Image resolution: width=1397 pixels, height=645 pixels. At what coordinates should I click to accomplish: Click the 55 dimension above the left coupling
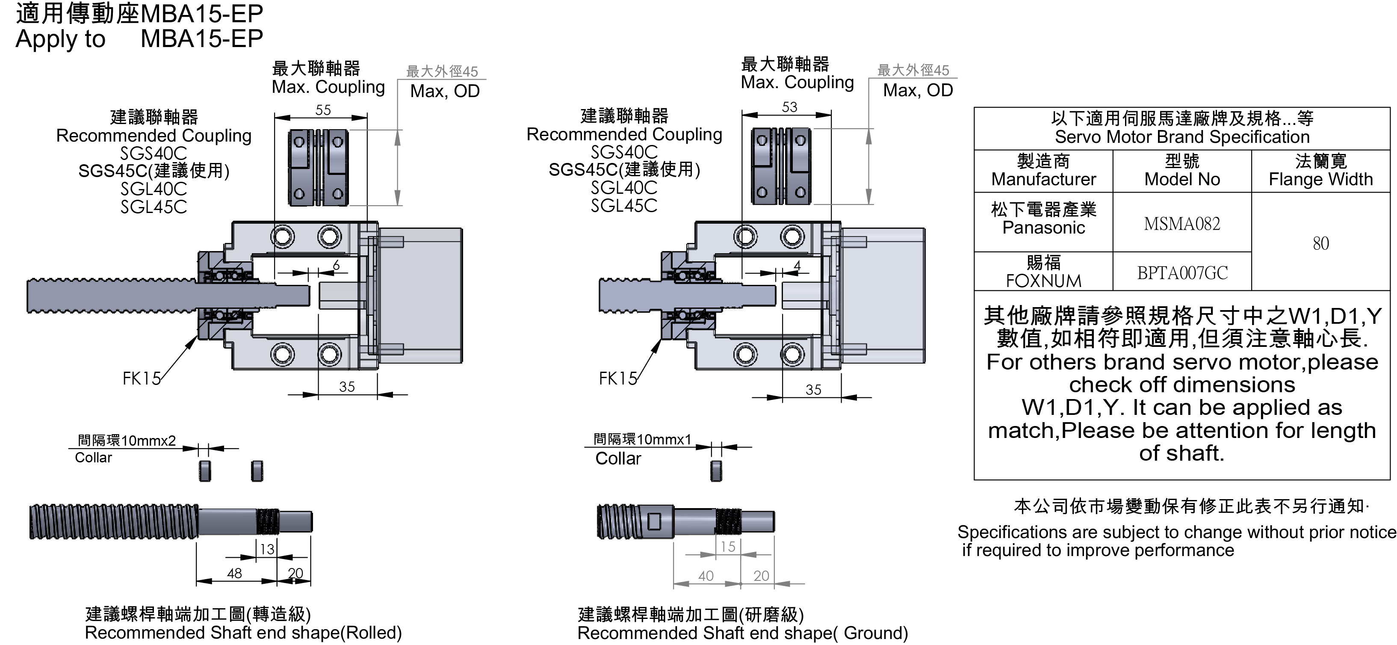tap(323, 110)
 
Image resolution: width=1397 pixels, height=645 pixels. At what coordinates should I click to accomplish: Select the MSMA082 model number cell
tap(1182, 224)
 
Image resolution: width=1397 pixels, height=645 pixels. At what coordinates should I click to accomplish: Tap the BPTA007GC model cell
tap(1182, 273)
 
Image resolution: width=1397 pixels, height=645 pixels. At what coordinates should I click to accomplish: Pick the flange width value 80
tap(1320, 243)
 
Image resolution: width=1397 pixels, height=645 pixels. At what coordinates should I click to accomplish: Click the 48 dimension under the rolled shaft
tap(234, 574)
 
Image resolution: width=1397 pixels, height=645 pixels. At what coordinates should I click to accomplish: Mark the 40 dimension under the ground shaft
tap(706, 576)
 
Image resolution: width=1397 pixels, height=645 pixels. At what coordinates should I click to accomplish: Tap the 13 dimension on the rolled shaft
tap(267, 550)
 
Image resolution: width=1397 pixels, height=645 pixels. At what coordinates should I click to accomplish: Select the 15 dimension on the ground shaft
tap(728, 547)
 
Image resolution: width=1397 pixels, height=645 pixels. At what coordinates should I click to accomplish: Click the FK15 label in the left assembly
tap(142, 379)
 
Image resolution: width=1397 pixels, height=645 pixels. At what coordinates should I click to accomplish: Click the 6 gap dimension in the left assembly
tap(336, 265)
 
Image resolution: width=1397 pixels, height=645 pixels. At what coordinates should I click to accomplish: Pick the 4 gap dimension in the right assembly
tap(797, 265)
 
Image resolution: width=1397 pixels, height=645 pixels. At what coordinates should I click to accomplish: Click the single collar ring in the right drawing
tap(716, 471)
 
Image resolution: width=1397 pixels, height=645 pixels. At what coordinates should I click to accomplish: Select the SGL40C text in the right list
tap(623, 188)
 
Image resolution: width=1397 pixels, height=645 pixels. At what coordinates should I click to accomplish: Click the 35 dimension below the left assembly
tap(347, 387)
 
